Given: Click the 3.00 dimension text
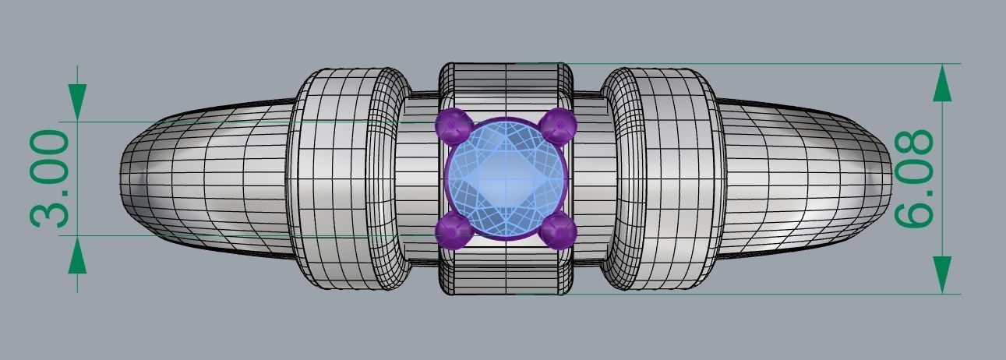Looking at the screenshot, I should click(x=51, y=179).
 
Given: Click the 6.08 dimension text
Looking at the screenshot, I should click(x=914, y=179).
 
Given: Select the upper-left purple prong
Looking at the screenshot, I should click(x=453, y=124).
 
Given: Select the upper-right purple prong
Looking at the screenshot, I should click(x=558, y=125).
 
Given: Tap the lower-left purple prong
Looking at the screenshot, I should click(x=453, y=231).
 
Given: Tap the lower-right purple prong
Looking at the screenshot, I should click(x=558, y=231).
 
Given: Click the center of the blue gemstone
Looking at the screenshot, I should click(x=506, y=178).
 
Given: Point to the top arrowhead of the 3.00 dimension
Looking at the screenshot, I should click(x=77, y=102).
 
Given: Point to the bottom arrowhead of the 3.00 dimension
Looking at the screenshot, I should click(x=77, y=256).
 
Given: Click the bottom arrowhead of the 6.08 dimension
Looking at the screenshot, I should click(x=942, y=274).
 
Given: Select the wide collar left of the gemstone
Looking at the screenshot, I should click(x=347, y=179).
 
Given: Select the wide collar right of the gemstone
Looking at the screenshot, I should click(x=665, y=179).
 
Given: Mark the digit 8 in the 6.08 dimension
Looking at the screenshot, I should click(x=914, y=146).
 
